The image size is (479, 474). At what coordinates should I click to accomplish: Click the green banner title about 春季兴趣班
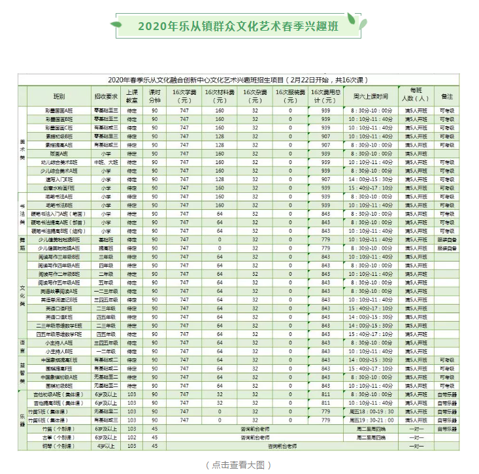click(239, 27)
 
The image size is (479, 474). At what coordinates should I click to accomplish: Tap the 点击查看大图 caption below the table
click(239, 465)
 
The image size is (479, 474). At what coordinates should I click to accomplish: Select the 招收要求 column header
click(106, 95)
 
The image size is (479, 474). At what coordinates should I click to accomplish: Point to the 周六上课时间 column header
click(371, 95)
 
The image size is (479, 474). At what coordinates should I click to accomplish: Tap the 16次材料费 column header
click(220, 95)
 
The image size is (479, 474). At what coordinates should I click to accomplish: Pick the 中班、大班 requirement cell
click(106, 161)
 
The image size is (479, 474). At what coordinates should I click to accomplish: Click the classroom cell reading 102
click(132, 437)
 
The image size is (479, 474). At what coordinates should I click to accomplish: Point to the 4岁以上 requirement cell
click(106, 446)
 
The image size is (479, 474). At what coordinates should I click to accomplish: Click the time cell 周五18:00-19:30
click(371, 412)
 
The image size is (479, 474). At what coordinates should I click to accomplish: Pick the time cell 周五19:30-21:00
click(371, 420)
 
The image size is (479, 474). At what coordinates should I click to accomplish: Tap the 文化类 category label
click(22, 295)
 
